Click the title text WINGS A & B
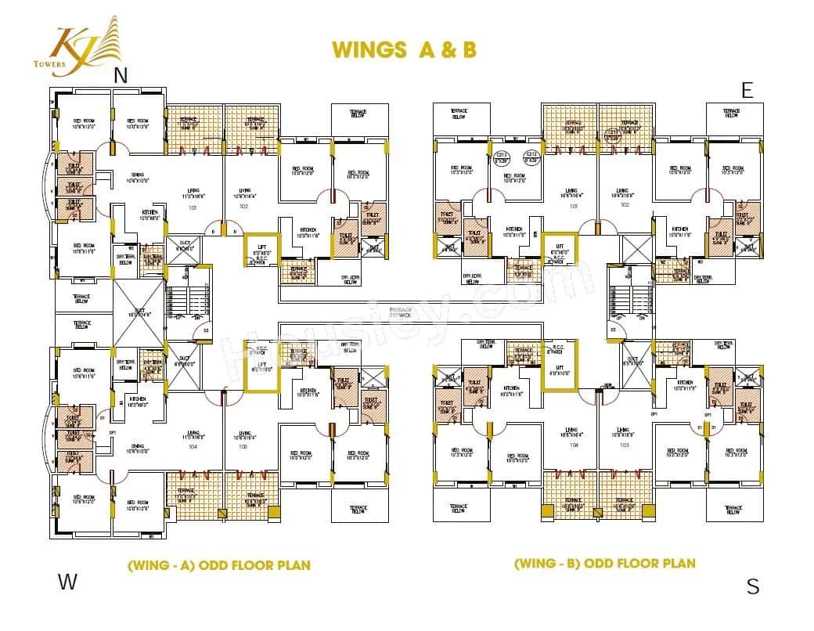coord(404,49)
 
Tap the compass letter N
coord(121,76)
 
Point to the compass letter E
coord(747,90)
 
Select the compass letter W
coord(68,582)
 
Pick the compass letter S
coord(752,586)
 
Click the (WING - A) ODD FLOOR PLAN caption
coord(219,565)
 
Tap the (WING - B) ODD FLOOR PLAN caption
coord(604,563)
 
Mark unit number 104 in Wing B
coord(574,444)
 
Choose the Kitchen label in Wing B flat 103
coord(685,387)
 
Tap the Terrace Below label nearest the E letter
coord(731,114)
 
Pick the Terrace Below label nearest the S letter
coord(732,510)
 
